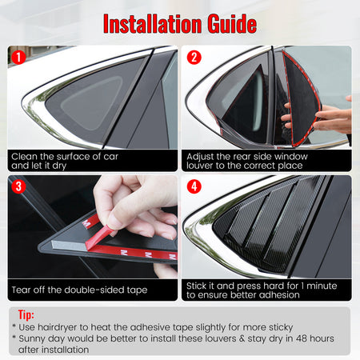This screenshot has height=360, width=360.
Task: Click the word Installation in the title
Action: click(153, 24)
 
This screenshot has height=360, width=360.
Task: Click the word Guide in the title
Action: click(232, 24)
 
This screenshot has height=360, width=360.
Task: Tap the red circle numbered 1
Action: click(18, 58)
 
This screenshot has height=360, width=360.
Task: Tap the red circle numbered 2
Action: click(194, 58)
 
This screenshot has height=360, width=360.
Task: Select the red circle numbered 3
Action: click(18, 186)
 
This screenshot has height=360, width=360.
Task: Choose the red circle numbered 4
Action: click(194, 186)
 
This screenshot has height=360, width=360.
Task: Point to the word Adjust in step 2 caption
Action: click(200, 157)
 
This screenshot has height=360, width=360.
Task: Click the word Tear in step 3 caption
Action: click(22, 290)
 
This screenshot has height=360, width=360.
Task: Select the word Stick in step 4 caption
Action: click(196, 286)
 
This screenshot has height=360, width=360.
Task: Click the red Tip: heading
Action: click(26, 315)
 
